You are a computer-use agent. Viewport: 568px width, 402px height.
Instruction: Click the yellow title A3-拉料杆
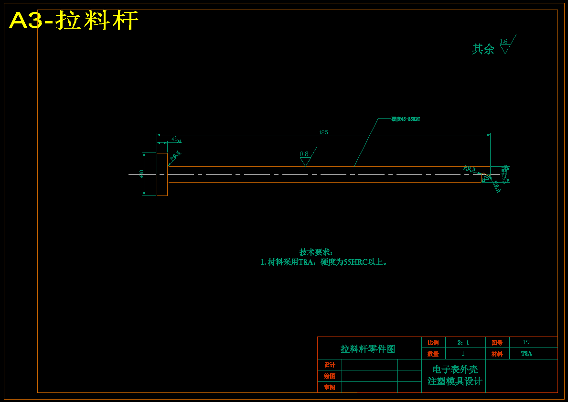(74, 21)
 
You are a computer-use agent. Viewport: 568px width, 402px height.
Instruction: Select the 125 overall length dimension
(323, 132)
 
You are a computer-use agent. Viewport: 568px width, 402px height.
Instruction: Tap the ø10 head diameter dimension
(142, 174)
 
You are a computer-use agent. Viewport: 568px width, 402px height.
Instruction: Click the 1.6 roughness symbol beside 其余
(504, 45)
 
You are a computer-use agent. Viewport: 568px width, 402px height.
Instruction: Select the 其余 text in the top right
(483, 49)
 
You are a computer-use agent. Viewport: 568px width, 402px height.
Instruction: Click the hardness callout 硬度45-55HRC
(406, 119)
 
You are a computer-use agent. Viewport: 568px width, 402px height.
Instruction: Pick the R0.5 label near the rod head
(175, 156)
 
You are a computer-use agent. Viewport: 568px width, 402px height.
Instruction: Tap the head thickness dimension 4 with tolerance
(175, 140)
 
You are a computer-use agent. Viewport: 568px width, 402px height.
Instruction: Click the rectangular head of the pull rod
(162, 174)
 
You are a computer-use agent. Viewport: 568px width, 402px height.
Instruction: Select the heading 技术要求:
(316, 252)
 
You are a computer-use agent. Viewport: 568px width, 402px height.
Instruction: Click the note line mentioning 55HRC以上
(323, 262)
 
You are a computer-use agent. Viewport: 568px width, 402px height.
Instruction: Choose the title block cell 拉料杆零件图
(368, 349)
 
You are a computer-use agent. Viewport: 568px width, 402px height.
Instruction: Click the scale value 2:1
(463, 343)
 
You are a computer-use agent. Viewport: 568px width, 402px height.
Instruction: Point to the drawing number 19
(526, 342)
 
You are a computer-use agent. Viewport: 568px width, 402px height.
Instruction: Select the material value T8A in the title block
(526, 354)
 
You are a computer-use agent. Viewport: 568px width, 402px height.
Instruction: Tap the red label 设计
(330, 365)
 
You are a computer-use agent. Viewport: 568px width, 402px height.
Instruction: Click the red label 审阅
(330, 387)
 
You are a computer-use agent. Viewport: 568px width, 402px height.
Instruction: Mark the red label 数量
(433, 354)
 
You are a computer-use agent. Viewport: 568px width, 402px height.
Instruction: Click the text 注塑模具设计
(455, 381)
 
